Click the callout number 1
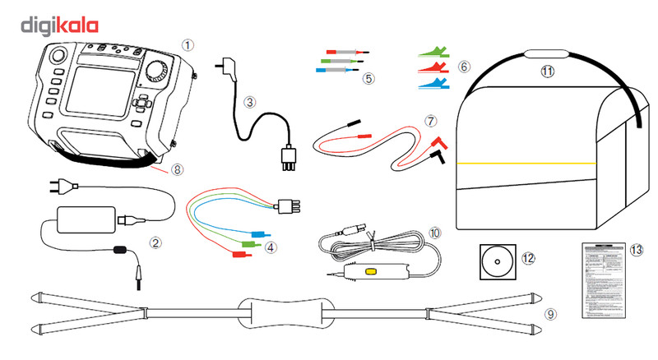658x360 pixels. point(188,45)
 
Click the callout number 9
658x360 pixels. point(550,313)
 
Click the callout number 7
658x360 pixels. point(429,120)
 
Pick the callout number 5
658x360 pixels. point(368,79)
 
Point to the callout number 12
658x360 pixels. point(529,257)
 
